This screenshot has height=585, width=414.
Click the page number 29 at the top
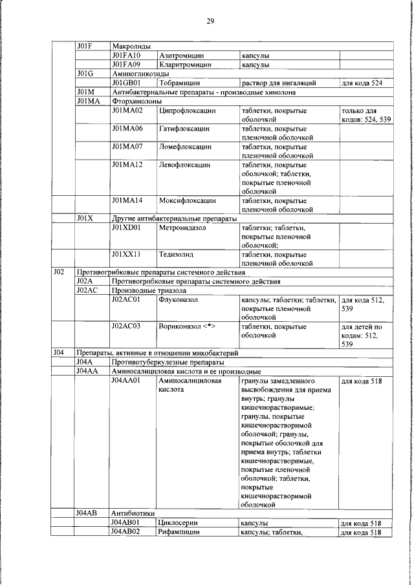(x=210, y=21)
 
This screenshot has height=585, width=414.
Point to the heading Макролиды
(x=131, y=47)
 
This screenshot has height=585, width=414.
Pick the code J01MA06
(x=127, y=129)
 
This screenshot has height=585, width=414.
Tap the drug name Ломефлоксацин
(x=186, y=147)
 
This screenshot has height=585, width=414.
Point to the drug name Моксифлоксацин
(x=188, y=201)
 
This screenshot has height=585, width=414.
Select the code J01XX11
(x=126, y=255)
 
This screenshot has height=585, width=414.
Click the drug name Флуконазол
(x=179, y=300)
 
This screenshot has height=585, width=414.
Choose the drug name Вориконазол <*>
(x=187, y=326)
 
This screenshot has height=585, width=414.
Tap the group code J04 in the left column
(x=58, y=353)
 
